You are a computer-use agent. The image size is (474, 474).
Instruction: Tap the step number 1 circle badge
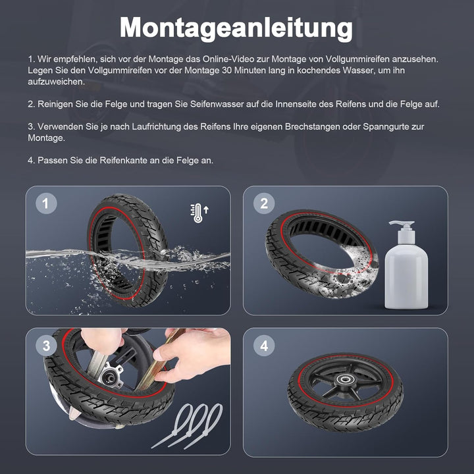tap(45, 204)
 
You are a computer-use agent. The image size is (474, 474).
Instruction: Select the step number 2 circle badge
tap(264, 204)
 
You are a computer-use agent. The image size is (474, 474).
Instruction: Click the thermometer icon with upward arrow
tap(199, 213)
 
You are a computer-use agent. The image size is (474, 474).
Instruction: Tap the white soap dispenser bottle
tap(406, 270)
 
